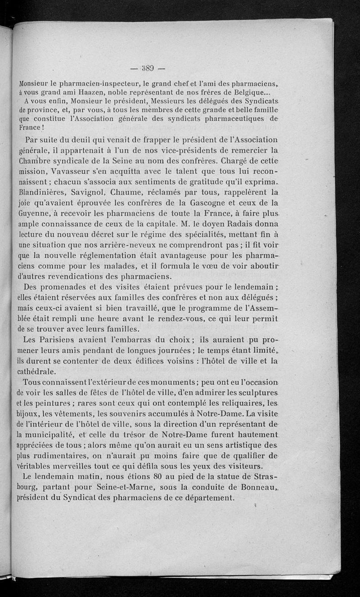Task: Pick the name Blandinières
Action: point(45,192)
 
